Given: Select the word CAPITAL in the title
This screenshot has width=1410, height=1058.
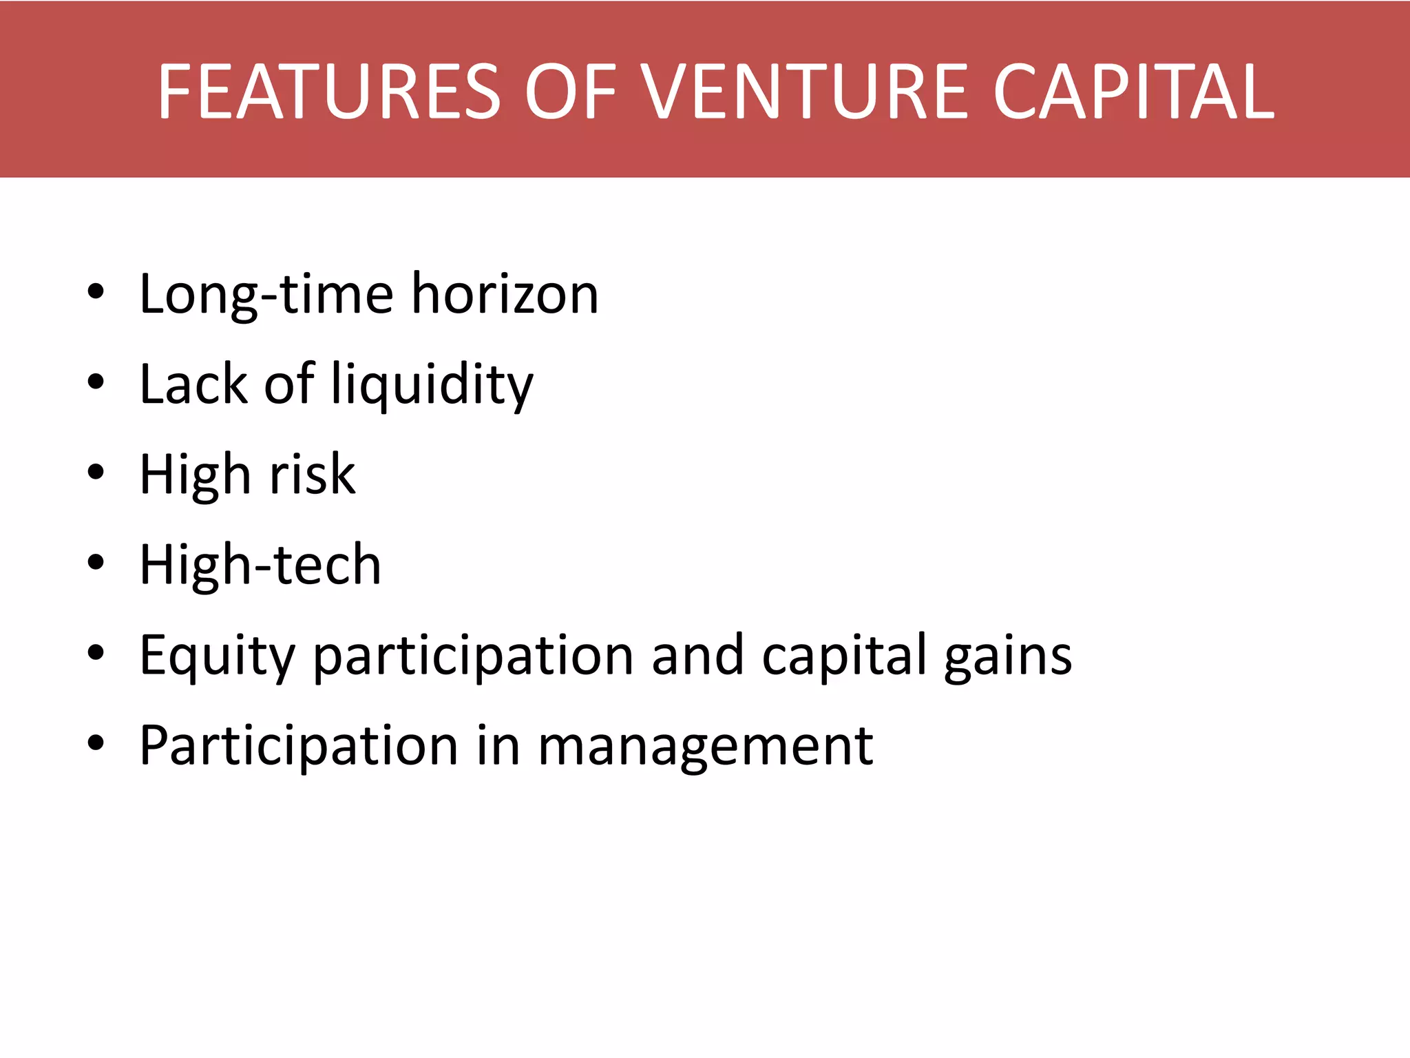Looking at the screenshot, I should click(1133, 92).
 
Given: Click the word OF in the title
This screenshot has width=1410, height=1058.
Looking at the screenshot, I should click(570, 92).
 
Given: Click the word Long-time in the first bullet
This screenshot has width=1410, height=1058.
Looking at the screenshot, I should click(266, 295).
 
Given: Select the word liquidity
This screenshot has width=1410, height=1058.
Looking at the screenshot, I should click(432, 385).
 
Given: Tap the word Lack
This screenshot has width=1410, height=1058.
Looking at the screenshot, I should click(193, 385).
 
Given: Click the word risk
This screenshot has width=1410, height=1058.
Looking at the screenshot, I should click(313, 475).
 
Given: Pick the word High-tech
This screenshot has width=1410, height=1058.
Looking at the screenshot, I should click(260, 566).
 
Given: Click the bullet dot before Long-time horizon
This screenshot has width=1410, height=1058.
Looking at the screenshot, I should click(96, 292).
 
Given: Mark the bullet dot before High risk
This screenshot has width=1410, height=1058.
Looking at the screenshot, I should click(96, 473).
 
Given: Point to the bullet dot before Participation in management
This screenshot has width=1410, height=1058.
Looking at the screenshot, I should click(96, 743).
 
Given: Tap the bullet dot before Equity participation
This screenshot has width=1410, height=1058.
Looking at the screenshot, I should click(96, 653).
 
